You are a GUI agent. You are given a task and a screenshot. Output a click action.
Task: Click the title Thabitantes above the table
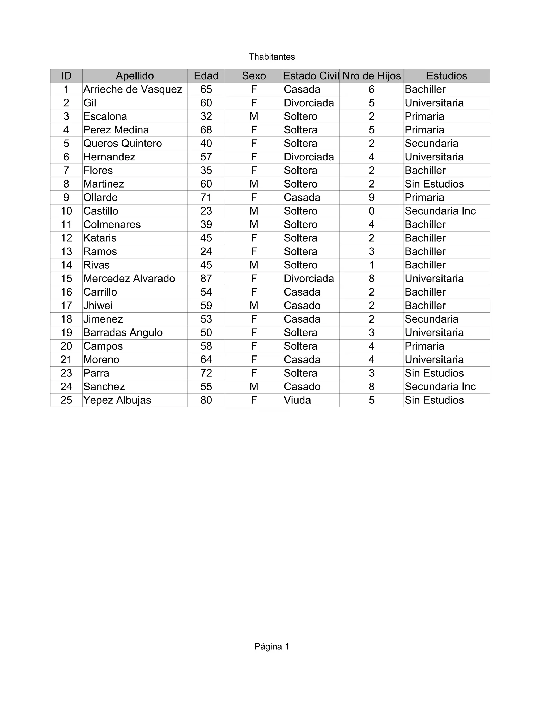(x=272, y=57)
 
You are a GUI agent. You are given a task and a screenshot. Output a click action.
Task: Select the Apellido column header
(x=135, y=76)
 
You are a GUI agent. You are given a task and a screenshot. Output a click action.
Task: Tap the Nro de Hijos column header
(x=371, y=76)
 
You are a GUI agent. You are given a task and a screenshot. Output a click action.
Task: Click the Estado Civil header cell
(x=311, y=76)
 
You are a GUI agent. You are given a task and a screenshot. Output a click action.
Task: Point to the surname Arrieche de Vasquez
(x=133, y=89)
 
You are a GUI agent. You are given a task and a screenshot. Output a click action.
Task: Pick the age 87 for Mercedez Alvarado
(x=206, y=279)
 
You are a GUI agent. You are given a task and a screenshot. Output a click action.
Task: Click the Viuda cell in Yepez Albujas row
(x=297, y=400)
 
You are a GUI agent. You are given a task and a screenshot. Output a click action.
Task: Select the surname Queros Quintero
(x=122, y=144)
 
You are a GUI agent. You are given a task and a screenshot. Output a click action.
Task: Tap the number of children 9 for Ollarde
(x=371, y=198)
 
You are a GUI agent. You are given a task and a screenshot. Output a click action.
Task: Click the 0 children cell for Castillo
(x=371, y=211)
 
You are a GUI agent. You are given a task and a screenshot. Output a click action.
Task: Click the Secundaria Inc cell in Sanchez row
(x=440, y=387)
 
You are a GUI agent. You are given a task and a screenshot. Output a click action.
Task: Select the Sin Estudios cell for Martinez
(x=434, y=184)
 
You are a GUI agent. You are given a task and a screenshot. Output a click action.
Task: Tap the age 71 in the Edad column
(x=206, y=198)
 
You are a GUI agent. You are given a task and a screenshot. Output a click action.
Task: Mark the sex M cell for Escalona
(x=254, y=116)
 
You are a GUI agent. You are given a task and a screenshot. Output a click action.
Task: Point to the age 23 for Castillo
(x=206, y=211)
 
